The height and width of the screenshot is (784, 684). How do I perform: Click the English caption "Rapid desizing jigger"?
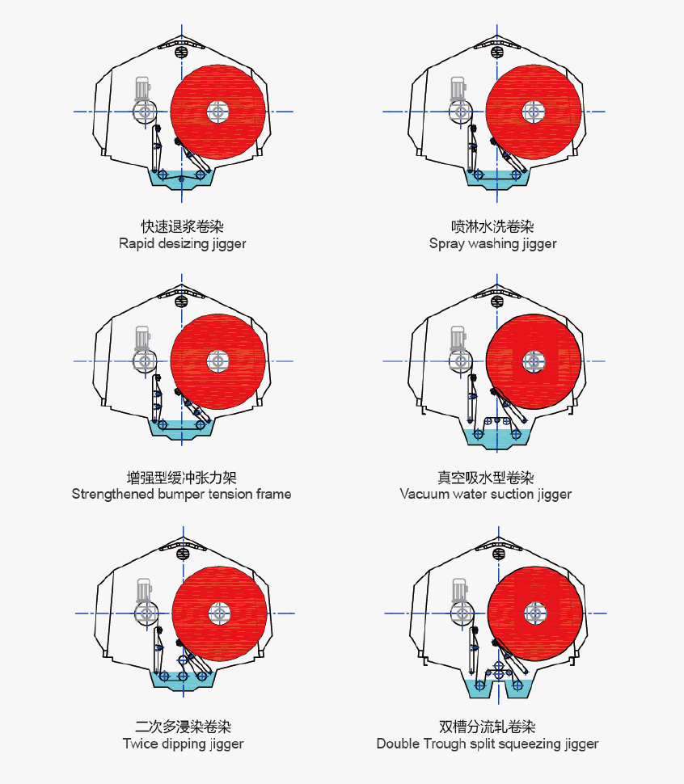point(183,243)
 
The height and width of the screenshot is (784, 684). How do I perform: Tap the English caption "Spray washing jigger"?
point(492,243)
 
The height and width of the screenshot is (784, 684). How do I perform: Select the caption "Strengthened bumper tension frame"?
point(181,494)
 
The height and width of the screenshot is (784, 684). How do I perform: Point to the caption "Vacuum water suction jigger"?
point(485,494)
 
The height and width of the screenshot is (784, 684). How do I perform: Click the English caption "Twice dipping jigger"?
point(183,744)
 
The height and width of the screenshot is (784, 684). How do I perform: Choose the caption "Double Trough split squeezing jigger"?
point(488,744)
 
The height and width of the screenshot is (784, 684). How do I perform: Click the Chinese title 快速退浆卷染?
point(183,226)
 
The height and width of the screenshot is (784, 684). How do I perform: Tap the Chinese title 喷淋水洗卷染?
point(492,226)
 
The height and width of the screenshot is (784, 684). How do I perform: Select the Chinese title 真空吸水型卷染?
point(485,478)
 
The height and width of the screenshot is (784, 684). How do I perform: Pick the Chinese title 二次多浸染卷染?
point(183,727)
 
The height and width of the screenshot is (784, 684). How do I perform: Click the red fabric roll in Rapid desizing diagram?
point(217,112)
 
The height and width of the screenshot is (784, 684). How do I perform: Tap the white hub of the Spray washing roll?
point(534,111)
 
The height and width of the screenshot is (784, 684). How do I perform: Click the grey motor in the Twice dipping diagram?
point(144,591)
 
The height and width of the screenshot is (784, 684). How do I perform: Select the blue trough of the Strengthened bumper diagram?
point(181,429)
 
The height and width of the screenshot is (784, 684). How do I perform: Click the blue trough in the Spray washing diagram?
point(497,179)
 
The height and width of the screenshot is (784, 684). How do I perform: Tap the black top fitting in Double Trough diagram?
point(499,554)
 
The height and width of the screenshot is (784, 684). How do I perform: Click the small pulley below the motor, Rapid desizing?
point(145,111)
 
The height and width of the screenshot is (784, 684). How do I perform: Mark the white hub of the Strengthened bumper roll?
point(217,361)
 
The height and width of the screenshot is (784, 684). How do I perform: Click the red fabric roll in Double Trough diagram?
point(535,613)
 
